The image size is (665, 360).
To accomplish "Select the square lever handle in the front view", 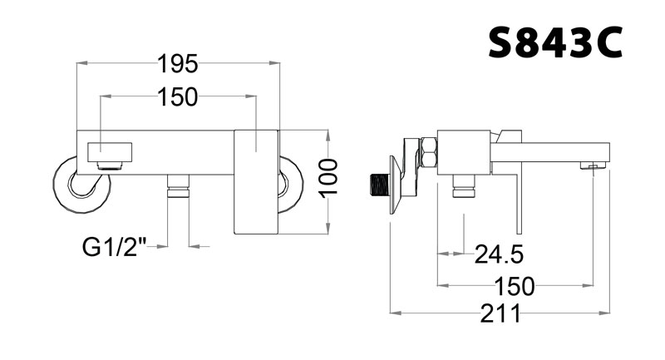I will [256, 181].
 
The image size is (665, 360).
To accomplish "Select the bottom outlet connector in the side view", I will [462, 190].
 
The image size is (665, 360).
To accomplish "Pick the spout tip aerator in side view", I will [592, 167].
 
